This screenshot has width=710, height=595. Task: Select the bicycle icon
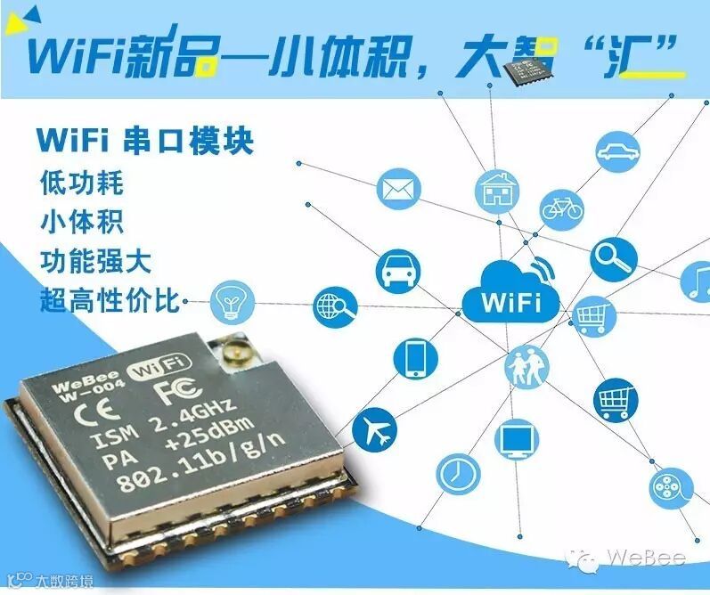(x=561, y=208)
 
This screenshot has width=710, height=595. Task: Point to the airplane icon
(x=374, y=432)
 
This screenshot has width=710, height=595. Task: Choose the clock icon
(x=458, y=469)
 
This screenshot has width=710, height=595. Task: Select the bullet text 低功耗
(x=81, y=183)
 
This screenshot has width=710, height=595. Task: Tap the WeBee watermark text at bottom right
(x=654, y=558)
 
